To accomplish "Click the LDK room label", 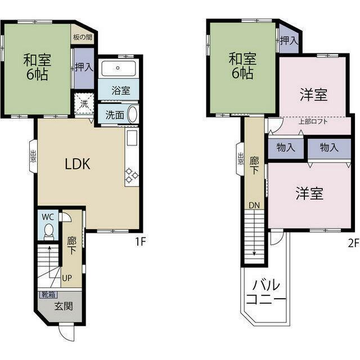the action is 78,164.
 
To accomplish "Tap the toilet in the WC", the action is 48,231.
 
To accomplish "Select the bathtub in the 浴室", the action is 118,68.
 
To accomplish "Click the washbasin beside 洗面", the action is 133,114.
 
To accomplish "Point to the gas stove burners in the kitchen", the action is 132,175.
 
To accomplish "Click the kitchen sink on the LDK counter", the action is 132,138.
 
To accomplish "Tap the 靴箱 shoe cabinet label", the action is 48,295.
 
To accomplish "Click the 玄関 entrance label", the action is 64,306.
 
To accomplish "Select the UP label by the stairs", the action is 67,278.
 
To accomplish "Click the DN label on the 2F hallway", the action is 254,205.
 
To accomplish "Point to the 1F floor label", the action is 141,241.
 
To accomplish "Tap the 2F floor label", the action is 353,243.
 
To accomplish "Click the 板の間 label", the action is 83,37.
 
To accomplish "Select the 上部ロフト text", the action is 313,121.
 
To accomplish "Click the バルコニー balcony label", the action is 266,292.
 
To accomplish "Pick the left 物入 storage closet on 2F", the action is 286,147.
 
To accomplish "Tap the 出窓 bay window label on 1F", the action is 33,156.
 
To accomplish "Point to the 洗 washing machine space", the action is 84,103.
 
